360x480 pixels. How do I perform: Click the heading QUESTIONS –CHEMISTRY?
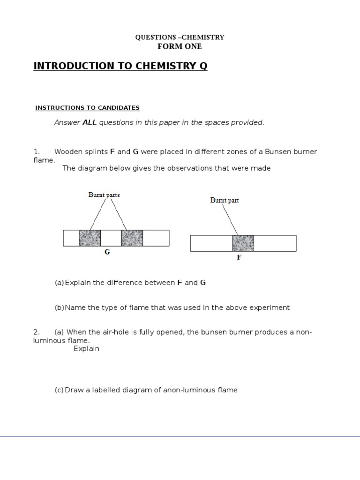coord(180,37)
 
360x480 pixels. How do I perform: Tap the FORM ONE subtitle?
coord(180,46)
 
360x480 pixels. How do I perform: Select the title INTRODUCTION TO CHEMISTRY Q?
coord(120,66)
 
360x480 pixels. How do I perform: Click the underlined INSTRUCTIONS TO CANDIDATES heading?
coord(88,108)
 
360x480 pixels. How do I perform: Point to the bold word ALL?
coord(89,123)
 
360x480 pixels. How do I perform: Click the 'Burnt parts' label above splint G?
coord(104,195)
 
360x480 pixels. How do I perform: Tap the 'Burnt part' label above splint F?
coord(225,200)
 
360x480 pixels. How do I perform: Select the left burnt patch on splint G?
coord(90,238)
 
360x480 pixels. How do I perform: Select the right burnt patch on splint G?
coord(132,238)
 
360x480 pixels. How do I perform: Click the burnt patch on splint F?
coord(243,243)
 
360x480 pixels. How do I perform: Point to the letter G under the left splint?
coord(107,252)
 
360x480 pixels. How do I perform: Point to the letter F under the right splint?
coord(239,257)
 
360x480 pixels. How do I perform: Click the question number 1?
coord(36,152)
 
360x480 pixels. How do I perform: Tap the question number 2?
coord(36,332)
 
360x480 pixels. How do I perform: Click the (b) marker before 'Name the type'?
coord(59,307)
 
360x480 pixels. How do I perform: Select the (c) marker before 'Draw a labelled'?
coord(59,390)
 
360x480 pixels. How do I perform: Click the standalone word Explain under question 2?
coord(86,349)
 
